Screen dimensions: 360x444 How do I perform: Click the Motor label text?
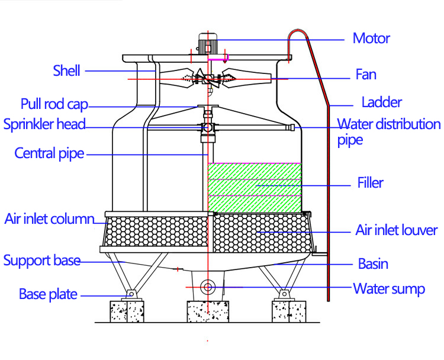click(371, 39)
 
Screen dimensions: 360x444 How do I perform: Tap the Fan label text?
click(366, 75)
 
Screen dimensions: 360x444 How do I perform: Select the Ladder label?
click(381, 102)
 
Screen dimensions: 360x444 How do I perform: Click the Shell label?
click(66, 71)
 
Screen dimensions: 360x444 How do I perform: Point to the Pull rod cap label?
click(54, 105)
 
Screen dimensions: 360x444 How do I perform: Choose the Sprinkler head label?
click(44, 125)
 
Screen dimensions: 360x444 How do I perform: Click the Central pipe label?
click(49, 154)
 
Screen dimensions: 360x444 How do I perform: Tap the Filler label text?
click(370, 182)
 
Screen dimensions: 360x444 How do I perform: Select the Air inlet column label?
click(49, 219)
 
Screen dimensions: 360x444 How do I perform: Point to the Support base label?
click(41, 261)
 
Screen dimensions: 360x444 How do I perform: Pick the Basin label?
click(373, 264)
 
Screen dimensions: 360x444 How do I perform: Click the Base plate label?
click(48, 294)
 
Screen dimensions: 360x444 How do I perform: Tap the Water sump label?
click(389, 289)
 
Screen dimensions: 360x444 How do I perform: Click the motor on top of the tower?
click(207, 43)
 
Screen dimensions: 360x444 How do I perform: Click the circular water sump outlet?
click(207, 287)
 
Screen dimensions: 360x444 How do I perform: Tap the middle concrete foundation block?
click(207, 311)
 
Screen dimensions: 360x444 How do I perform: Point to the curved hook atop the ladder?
click(299, 36)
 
